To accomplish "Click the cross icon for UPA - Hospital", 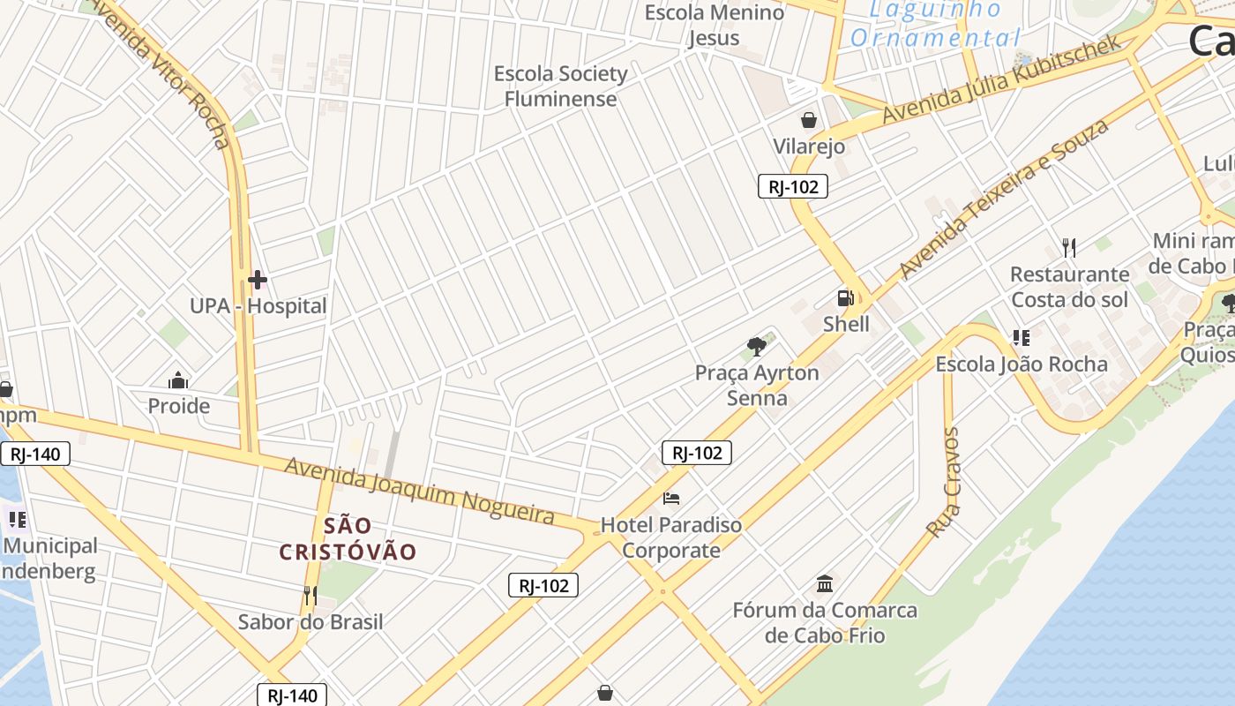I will [258, 281].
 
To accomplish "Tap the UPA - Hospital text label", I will [258, 306].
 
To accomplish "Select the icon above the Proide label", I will [178, 381].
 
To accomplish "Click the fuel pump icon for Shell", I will [845, 298].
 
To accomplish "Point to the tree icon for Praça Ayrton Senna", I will [756, 346].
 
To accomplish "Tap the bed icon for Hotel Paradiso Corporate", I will [671, 499].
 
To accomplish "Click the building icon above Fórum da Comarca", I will [825, 583].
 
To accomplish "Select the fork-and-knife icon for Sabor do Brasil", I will [310, 596].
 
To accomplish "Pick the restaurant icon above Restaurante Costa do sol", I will [1069, 247].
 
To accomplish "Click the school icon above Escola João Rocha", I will [1022, 337].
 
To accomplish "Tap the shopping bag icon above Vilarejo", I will [808, 120].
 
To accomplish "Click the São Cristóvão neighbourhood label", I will [348, 539].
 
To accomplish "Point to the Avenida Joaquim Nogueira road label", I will [419, 490].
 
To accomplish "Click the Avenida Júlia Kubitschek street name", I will [1001, 79].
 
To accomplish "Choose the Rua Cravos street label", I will [942, 482].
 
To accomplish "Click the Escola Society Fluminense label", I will [560, 86].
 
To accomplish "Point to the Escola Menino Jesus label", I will [714, 25].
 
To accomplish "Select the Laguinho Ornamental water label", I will [935, 24].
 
